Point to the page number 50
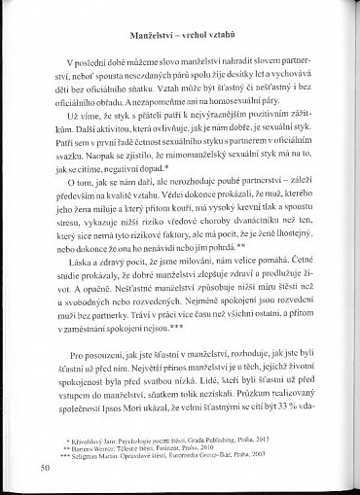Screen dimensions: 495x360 (46, 467)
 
